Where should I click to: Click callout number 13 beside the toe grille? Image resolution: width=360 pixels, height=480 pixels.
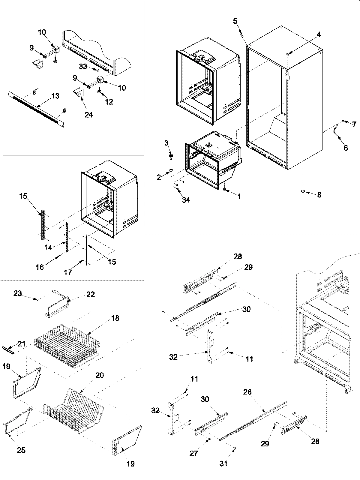coord(55,96)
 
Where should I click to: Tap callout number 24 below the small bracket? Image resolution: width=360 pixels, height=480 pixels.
coord(89,114)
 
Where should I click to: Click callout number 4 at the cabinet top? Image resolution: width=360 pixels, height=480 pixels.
coord(319,34)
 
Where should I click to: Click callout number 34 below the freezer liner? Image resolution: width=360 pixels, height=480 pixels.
coord(186,200)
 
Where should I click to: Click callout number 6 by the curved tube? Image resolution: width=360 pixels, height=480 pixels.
coord(346,148)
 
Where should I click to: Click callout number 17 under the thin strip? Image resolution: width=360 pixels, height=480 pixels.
coord(68,272)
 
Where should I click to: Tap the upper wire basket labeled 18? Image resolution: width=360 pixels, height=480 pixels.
coord(67,345)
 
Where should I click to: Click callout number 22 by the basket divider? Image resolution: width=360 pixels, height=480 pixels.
coord(91,294)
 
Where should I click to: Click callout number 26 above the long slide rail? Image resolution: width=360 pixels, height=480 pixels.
coord(248,392)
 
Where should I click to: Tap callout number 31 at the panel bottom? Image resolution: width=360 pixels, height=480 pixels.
coord(223,463)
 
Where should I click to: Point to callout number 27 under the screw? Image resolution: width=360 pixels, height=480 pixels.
coord(194,453)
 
